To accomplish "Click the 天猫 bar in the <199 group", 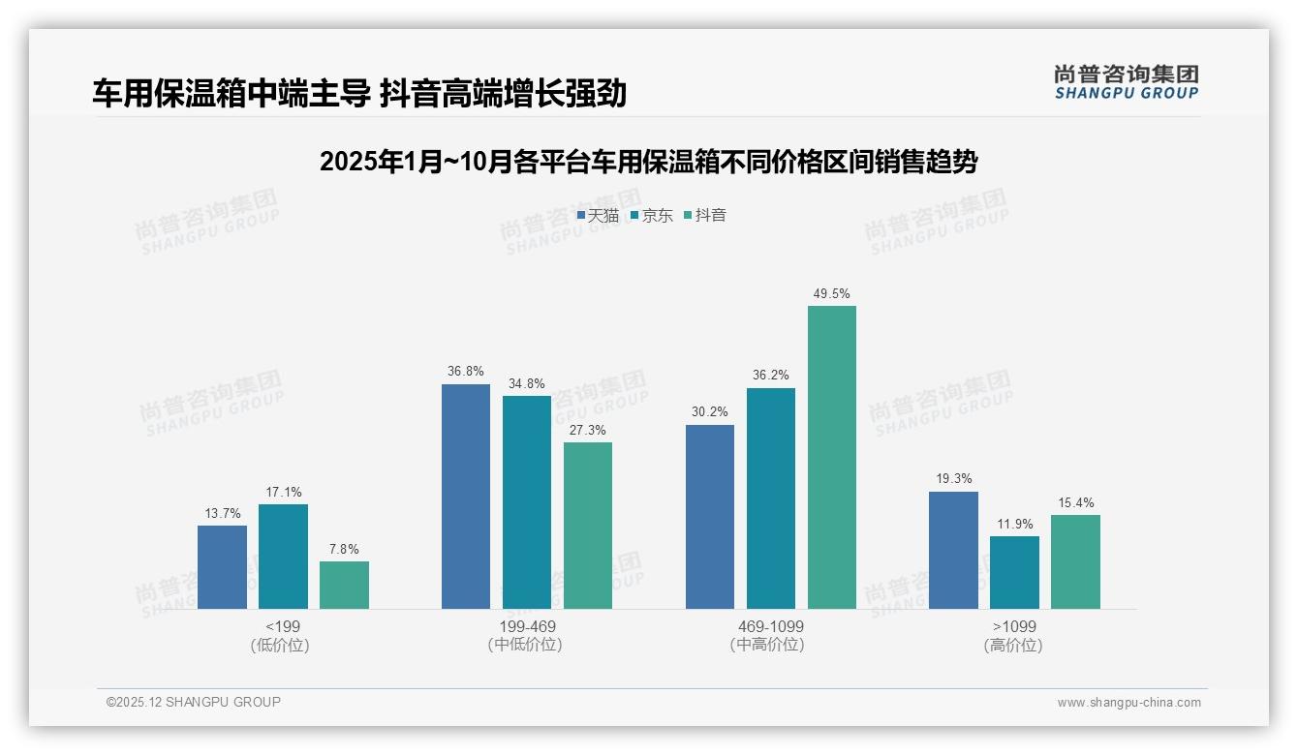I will tap(222, 567).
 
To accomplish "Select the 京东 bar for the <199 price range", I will tap(283, 557).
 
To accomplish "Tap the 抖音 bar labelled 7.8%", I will tap(344, 585).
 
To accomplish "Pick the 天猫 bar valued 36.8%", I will tap(466, 497).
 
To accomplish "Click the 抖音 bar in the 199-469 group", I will tap(588, 526).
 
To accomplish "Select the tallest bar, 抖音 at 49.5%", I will tap(832, 457).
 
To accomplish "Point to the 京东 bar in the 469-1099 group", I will tap(771, 498).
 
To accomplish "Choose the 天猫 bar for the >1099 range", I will tap(953, 550).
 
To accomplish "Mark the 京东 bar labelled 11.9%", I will tap(1014, 572).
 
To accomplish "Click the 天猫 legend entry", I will tap(598, 215).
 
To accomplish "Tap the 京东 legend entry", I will tap(652, 215).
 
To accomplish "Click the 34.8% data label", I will tap(527, 383).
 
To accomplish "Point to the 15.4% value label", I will tap(1075, 502).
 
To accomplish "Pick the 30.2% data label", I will tap(710, 412).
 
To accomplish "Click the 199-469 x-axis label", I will tap(527, 626).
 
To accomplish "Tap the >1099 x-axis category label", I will tap(1014, 626).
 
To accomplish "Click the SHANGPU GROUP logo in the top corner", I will tap(1127, 81).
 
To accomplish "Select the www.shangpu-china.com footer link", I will tap(1128, 703).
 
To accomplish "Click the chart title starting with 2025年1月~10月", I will tap(648, 162).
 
